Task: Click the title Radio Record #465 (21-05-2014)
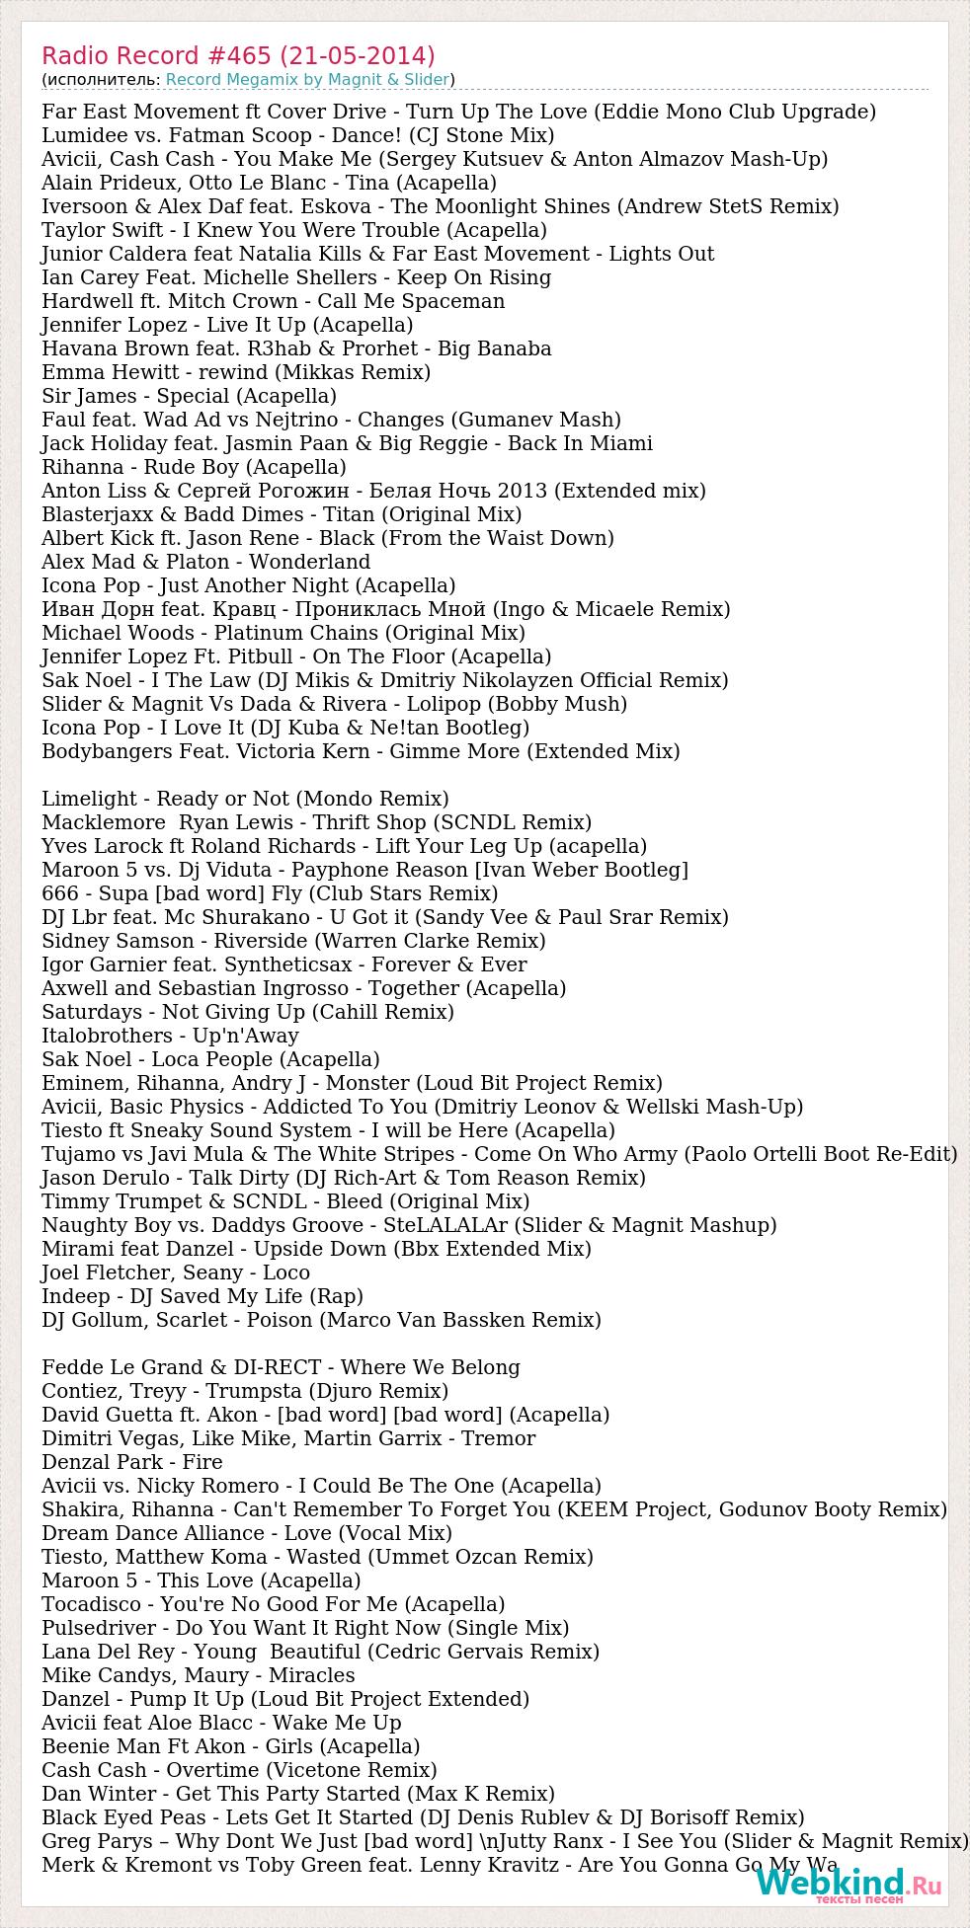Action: (238, 55)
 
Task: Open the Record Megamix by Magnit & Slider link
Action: (307, 79)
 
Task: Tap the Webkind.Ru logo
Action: (848, 1885)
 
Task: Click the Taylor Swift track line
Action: (293, 230)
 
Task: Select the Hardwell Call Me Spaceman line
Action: (273, 301)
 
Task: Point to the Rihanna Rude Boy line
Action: (194, 467)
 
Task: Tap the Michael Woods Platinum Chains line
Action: (283, 633)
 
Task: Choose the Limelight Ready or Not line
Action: (245, 799)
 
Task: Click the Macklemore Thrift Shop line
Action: (316, 822)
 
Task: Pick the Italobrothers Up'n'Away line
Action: (170, 1036)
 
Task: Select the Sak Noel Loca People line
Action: (210, 1059)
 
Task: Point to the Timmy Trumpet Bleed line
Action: (285, 1201)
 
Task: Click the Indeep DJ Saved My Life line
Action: (202, 1296)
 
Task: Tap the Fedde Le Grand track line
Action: (281, 1367)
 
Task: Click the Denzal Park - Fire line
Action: (131, 1462)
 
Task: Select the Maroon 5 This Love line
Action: (201, 1581)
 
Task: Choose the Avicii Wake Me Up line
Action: (221, 1723)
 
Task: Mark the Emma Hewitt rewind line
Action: (236, 372)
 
